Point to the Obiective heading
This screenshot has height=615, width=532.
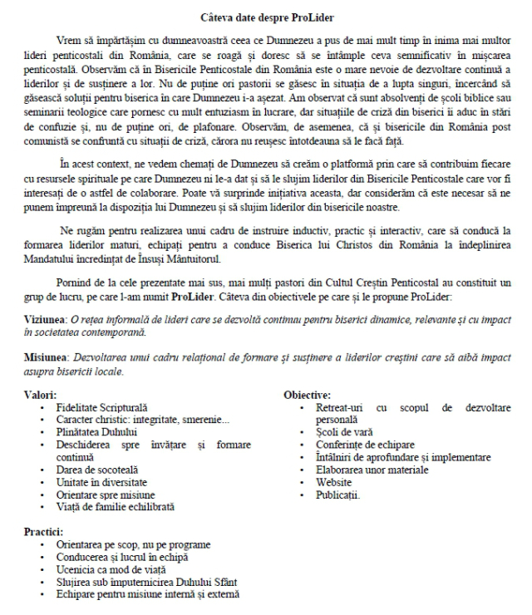tap(307, 396)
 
